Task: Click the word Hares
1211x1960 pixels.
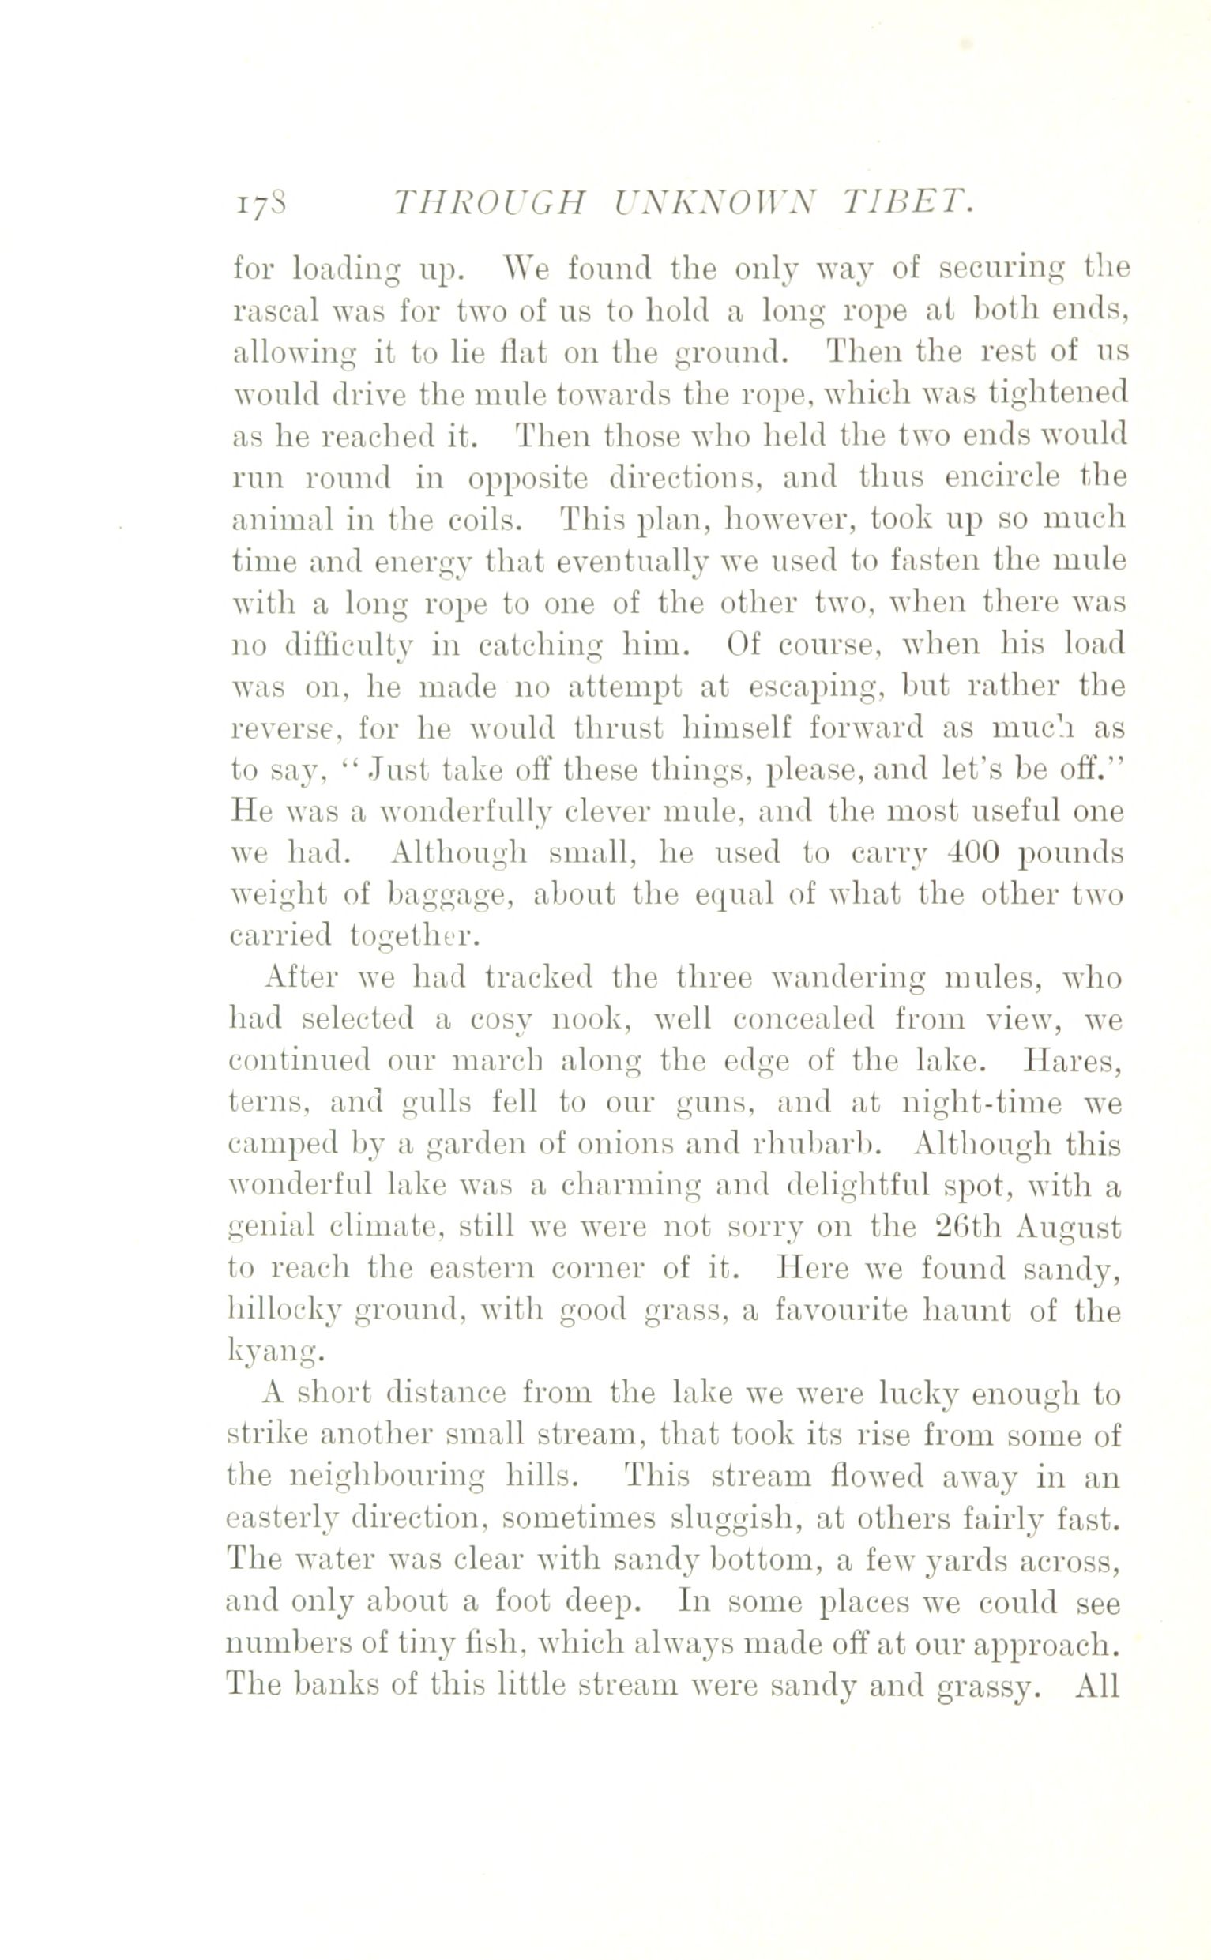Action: pos(1072,1062)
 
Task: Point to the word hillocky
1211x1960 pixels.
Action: pos(285,1313)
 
